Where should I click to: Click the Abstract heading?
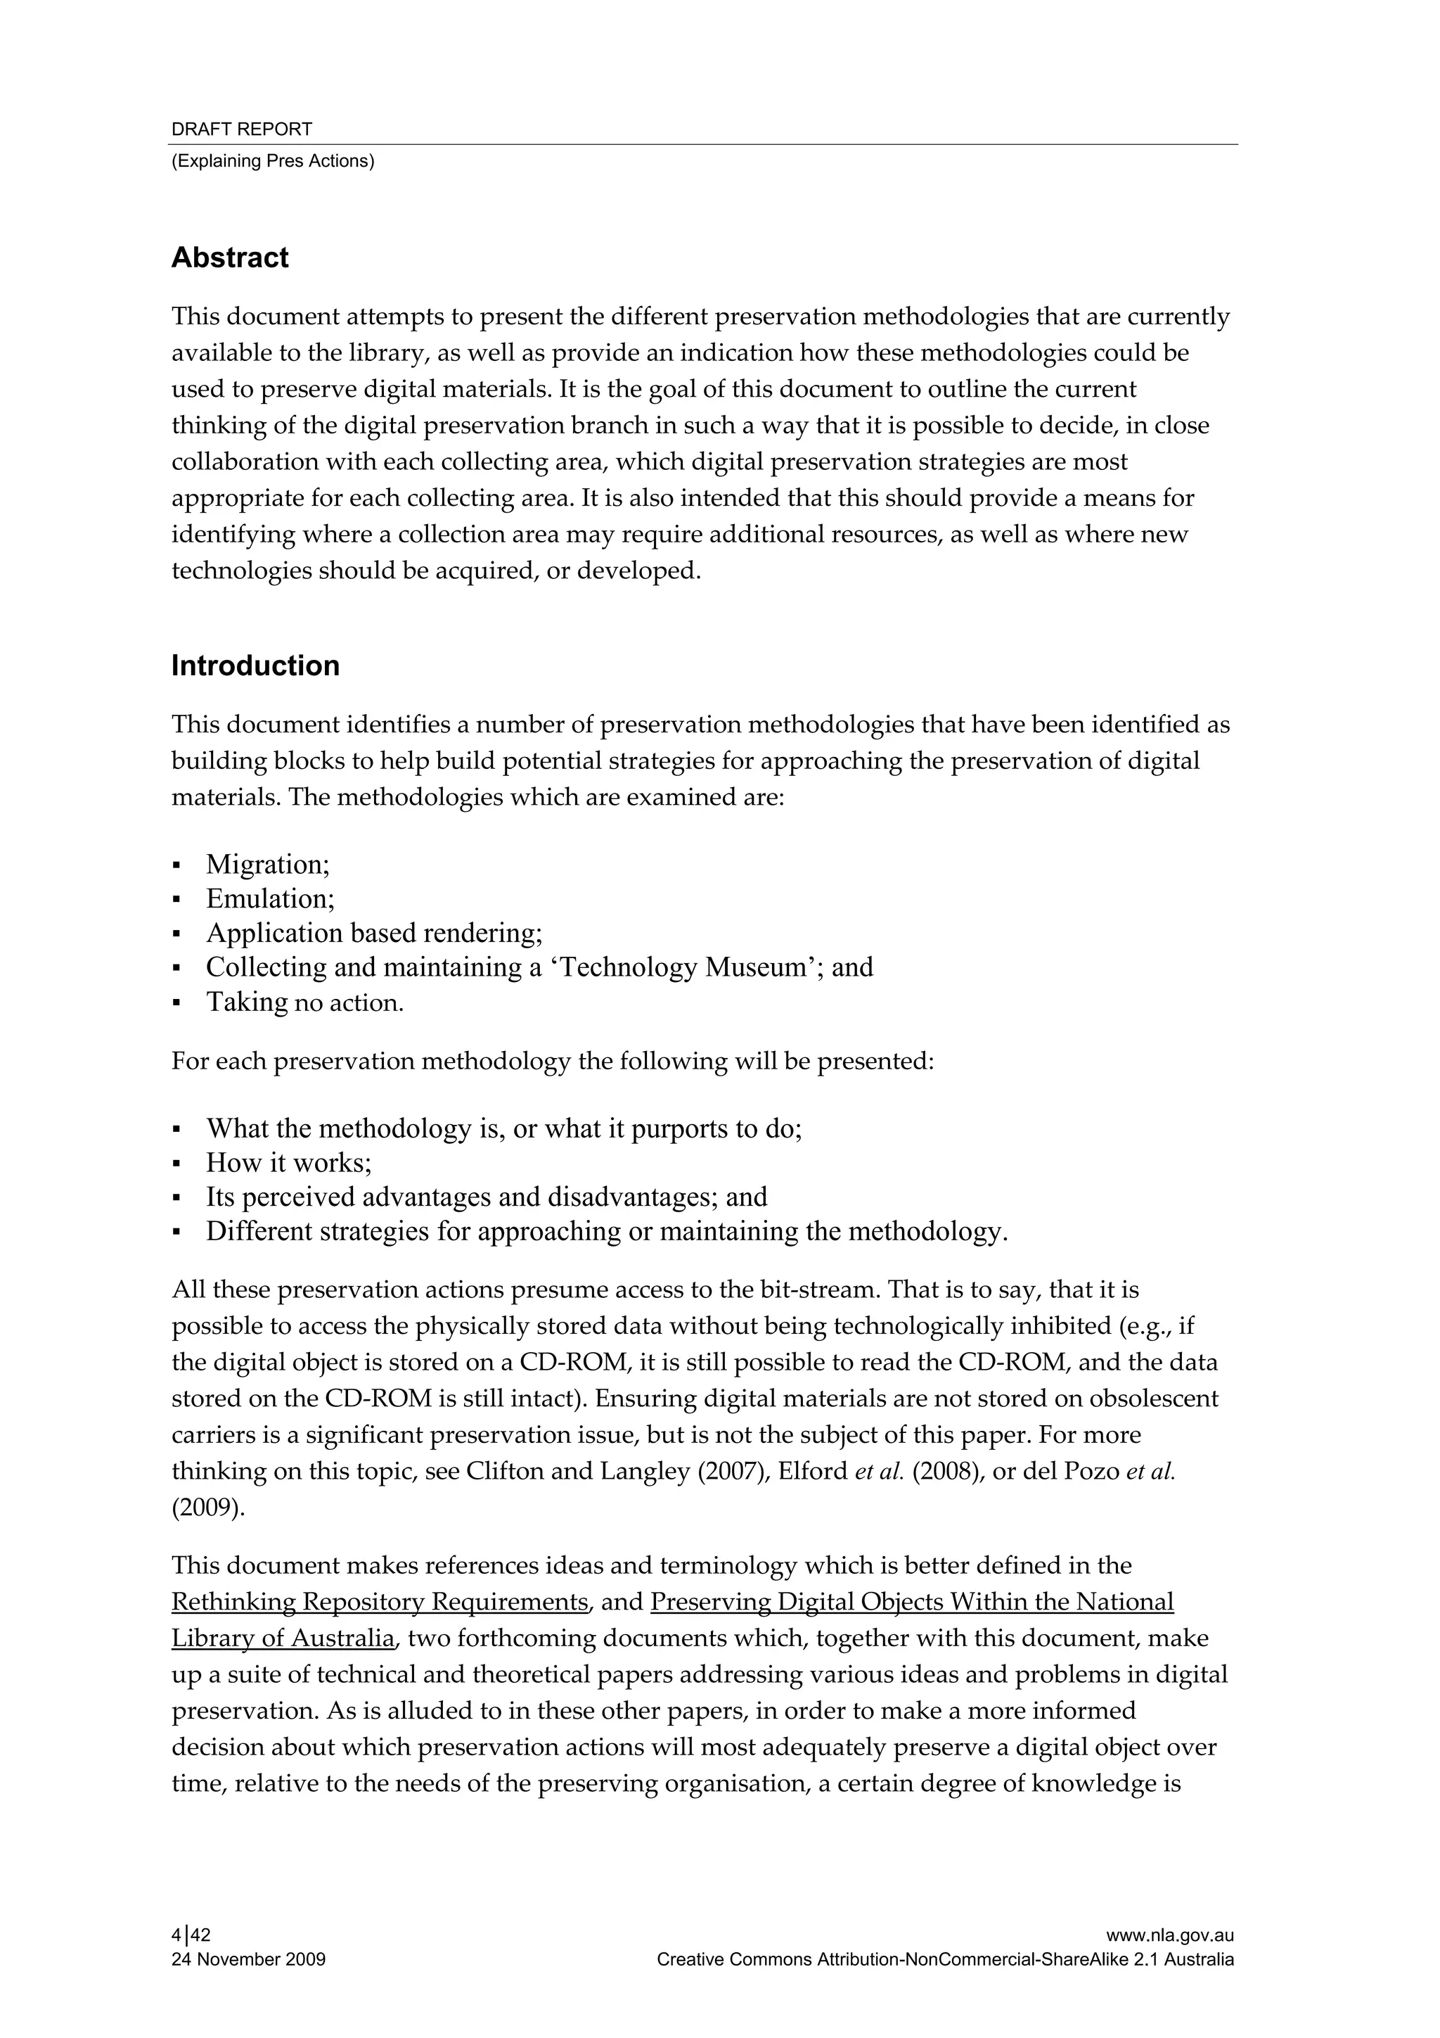(x=230, y=258)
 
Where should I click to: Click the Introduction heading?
(x=255, y=665)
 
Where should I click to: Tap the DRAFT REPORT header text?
(x=241, y=129)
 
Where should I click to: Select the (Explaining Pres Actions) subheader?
(x=272, y=162)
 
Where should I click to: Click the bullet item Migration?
(x=268, y=865)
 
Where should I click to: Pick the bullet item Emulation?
(x=271, y=899)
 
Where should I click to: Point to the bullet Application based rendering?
(x=373, y=934)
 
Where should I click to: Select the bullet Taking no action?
(x=304, y=1003)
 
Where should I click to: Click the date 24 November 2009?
(x=247, y=1960)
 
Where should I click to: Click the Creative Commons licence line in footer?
(x=945, y=1960)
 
